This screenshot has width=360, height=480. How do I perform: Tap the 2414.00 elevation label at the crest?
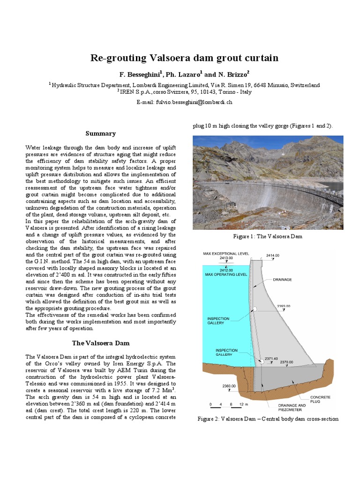273,255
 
